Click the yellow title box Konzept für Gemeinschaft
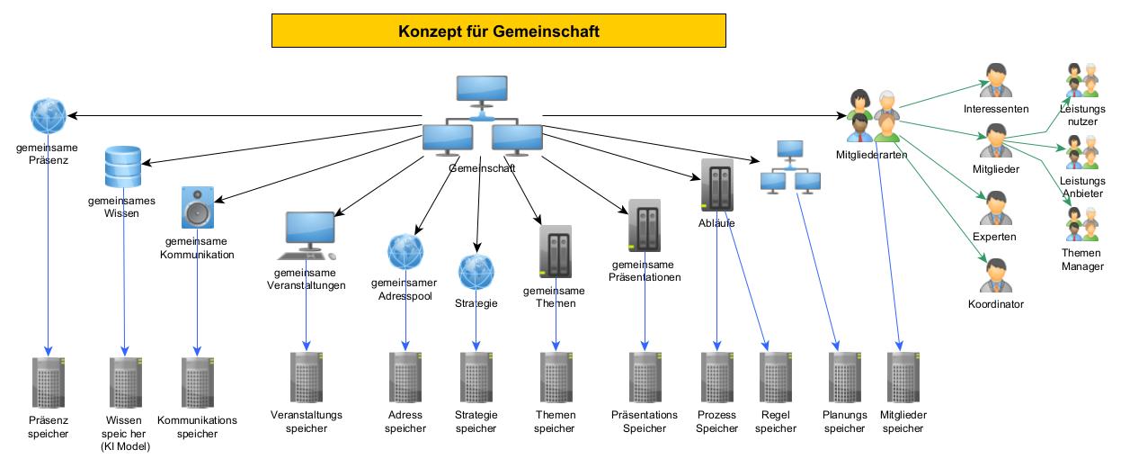(x=499, y=31)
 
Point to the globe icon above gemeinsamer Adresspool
(x=405, y=252)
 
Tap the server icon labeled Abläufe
(x=716, y=184)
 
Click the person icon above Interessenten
(x=995, y=80)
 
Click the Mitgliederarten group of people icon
(x=873, y=115)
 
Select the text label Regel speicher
(x=775, y=422)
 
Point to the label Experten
(x=994, y=237)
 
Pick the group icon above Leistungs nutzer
(x=1081, y=80)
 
